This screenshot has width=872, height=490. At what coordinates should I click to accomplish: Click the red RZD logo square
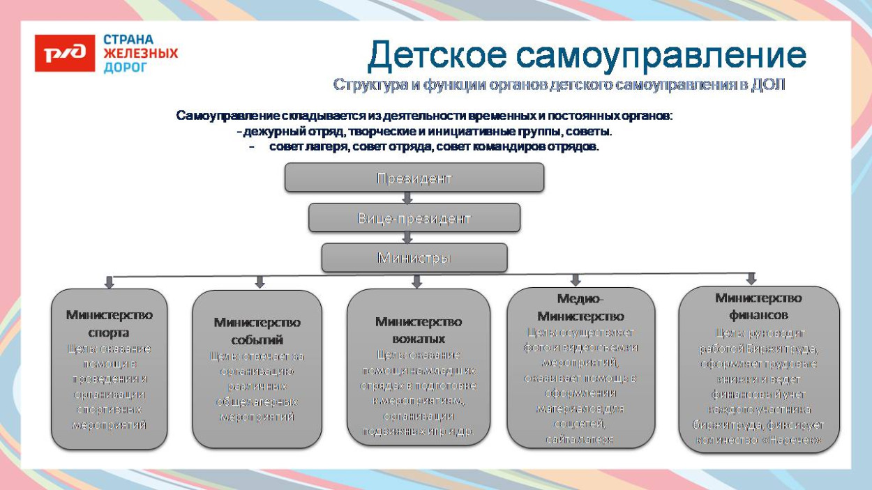coord(64,54)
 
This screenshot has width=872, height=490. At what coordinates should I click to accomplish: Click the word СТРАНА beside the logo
coord(128,40)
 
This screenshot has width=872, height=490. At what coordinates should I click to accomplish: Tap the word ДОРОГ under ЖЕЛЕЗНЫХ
coord(126,68)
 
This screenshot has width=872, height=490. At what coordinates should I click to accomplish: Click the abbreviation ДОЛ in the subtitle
coord(768,85)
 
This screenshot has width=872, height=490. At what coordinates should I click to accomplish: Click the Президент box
coord(414,178)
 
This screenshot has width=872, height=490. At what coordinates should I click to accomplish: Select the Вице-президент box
coord(414,218)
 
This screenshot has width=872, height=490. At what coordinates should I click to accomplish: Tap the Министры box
coord(414,258)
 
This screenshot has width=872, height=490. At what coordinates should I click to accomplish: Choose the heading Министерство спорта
coord(109,323)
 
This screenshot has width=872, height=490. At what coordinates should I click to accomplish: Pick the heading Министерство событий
coord(257,331)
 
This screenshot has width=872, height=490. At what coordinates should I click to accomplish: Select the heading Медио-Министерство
coord(580,307)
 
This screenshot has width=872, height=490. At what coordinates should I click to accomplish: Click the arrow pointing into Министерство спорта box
coord(109,282)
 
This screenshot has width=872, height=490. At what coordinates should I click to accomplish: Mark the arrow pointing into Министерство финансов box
coord(751,279)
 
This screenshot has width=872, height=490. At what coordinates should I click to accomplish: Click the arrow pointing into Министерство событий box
coord(260,282)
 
